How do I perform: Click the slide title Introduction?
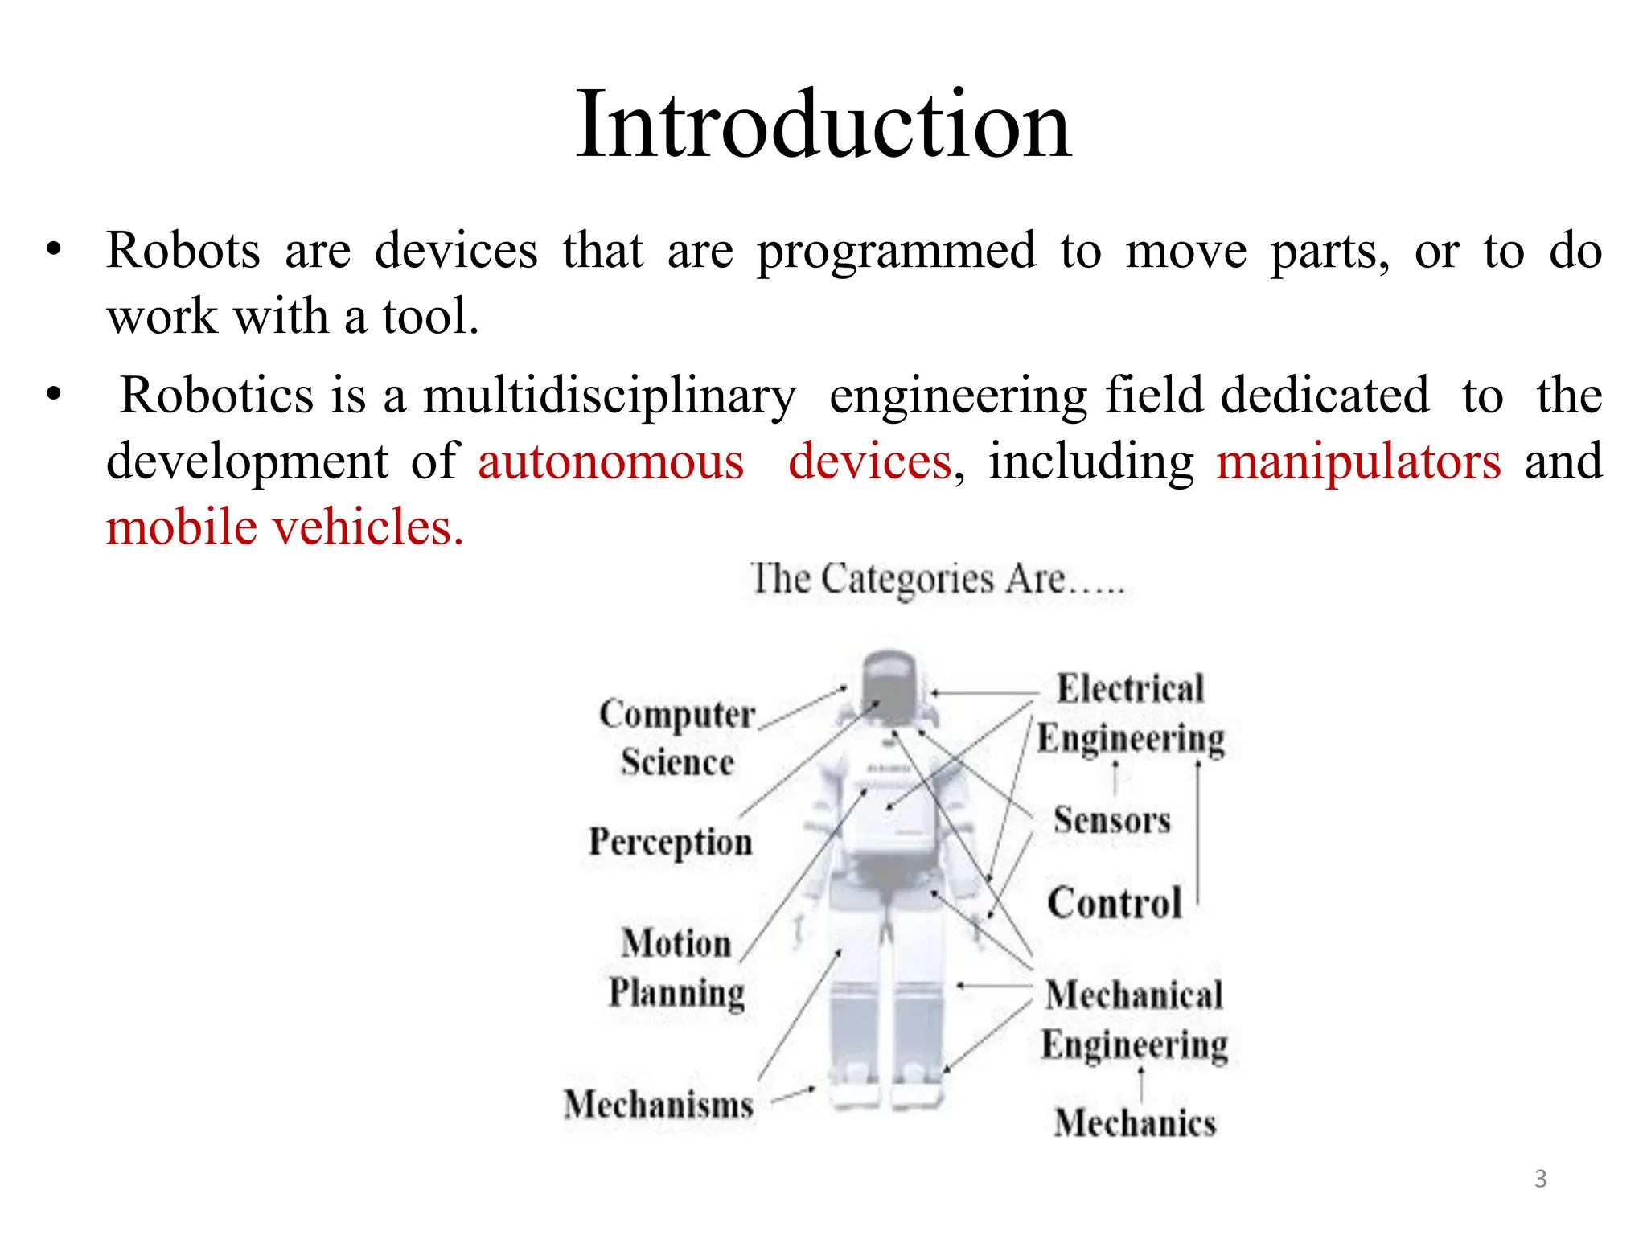[x=823, y=125]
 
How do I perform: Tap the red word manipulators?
[x=1357, y=462]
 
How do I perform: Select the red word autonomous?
[x=611, y=462]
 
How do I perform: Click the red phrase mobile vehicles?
[x=285, y=527]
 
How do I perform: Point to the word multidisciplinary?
[x=610, y=396]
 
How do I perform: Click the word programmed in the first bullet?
[x=896, y=251]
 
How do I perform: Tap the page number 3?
[x=1540, y=1179]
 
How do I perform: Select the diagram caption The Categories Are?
[x=937, y=579]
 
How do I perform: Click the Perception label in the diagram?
[x=671, y=842]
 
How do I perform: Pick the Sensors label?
[x=1112, y=820]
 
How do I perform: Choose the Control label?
[x=1115, y=902]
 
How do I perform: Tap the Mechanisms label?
[x=659, y=1104]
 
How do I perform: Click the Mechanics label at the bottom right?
[x=1135, y=1122]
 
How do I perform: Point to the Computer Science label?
[x=677, y=737]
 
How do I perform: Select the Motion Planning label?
[x=676, y=967]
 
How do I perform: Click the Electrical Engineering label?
[x=1130, y=713]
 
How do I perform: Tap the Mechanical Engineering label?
[x=1134, y=1020]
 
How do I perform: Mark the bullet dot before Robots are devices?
[x=54, y=250]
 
